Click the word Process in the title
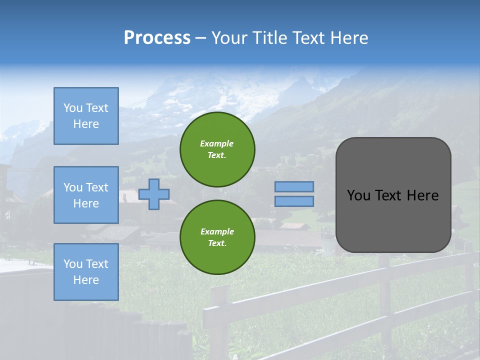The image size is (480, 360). click(x=157, y=38)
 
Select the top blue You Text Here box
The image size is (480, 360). click(x=86, y=116)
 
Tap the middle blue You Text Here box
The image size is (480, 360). click(x=86, y=195)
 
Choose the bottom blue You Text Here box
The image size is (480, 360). click(x=86, y=272)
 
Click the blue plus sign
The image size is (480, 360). click(x=154, y=194)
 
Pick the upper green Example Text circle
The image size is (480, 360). click(x=217, y=149)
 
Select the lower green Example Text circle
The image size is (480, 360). click(x=217, y=237)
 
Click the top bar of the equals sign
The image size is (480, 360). click(x=294, y=186)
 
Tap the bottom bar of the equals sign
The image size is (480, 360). click(x=294, y=201)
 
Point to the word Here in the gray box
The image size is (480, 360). click(x=422, y=195)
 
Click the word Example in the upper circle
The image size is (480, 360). click(x=217, y=143)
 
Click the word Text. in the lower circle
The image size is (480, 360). click(x=217, y=243)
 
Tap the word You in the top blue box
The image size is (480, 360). click(x=73, y=108)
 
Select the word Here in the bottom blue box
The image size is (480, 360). click(x=86, y=280)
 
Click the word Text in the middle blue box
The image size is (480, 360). click(x=97, y=187)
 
